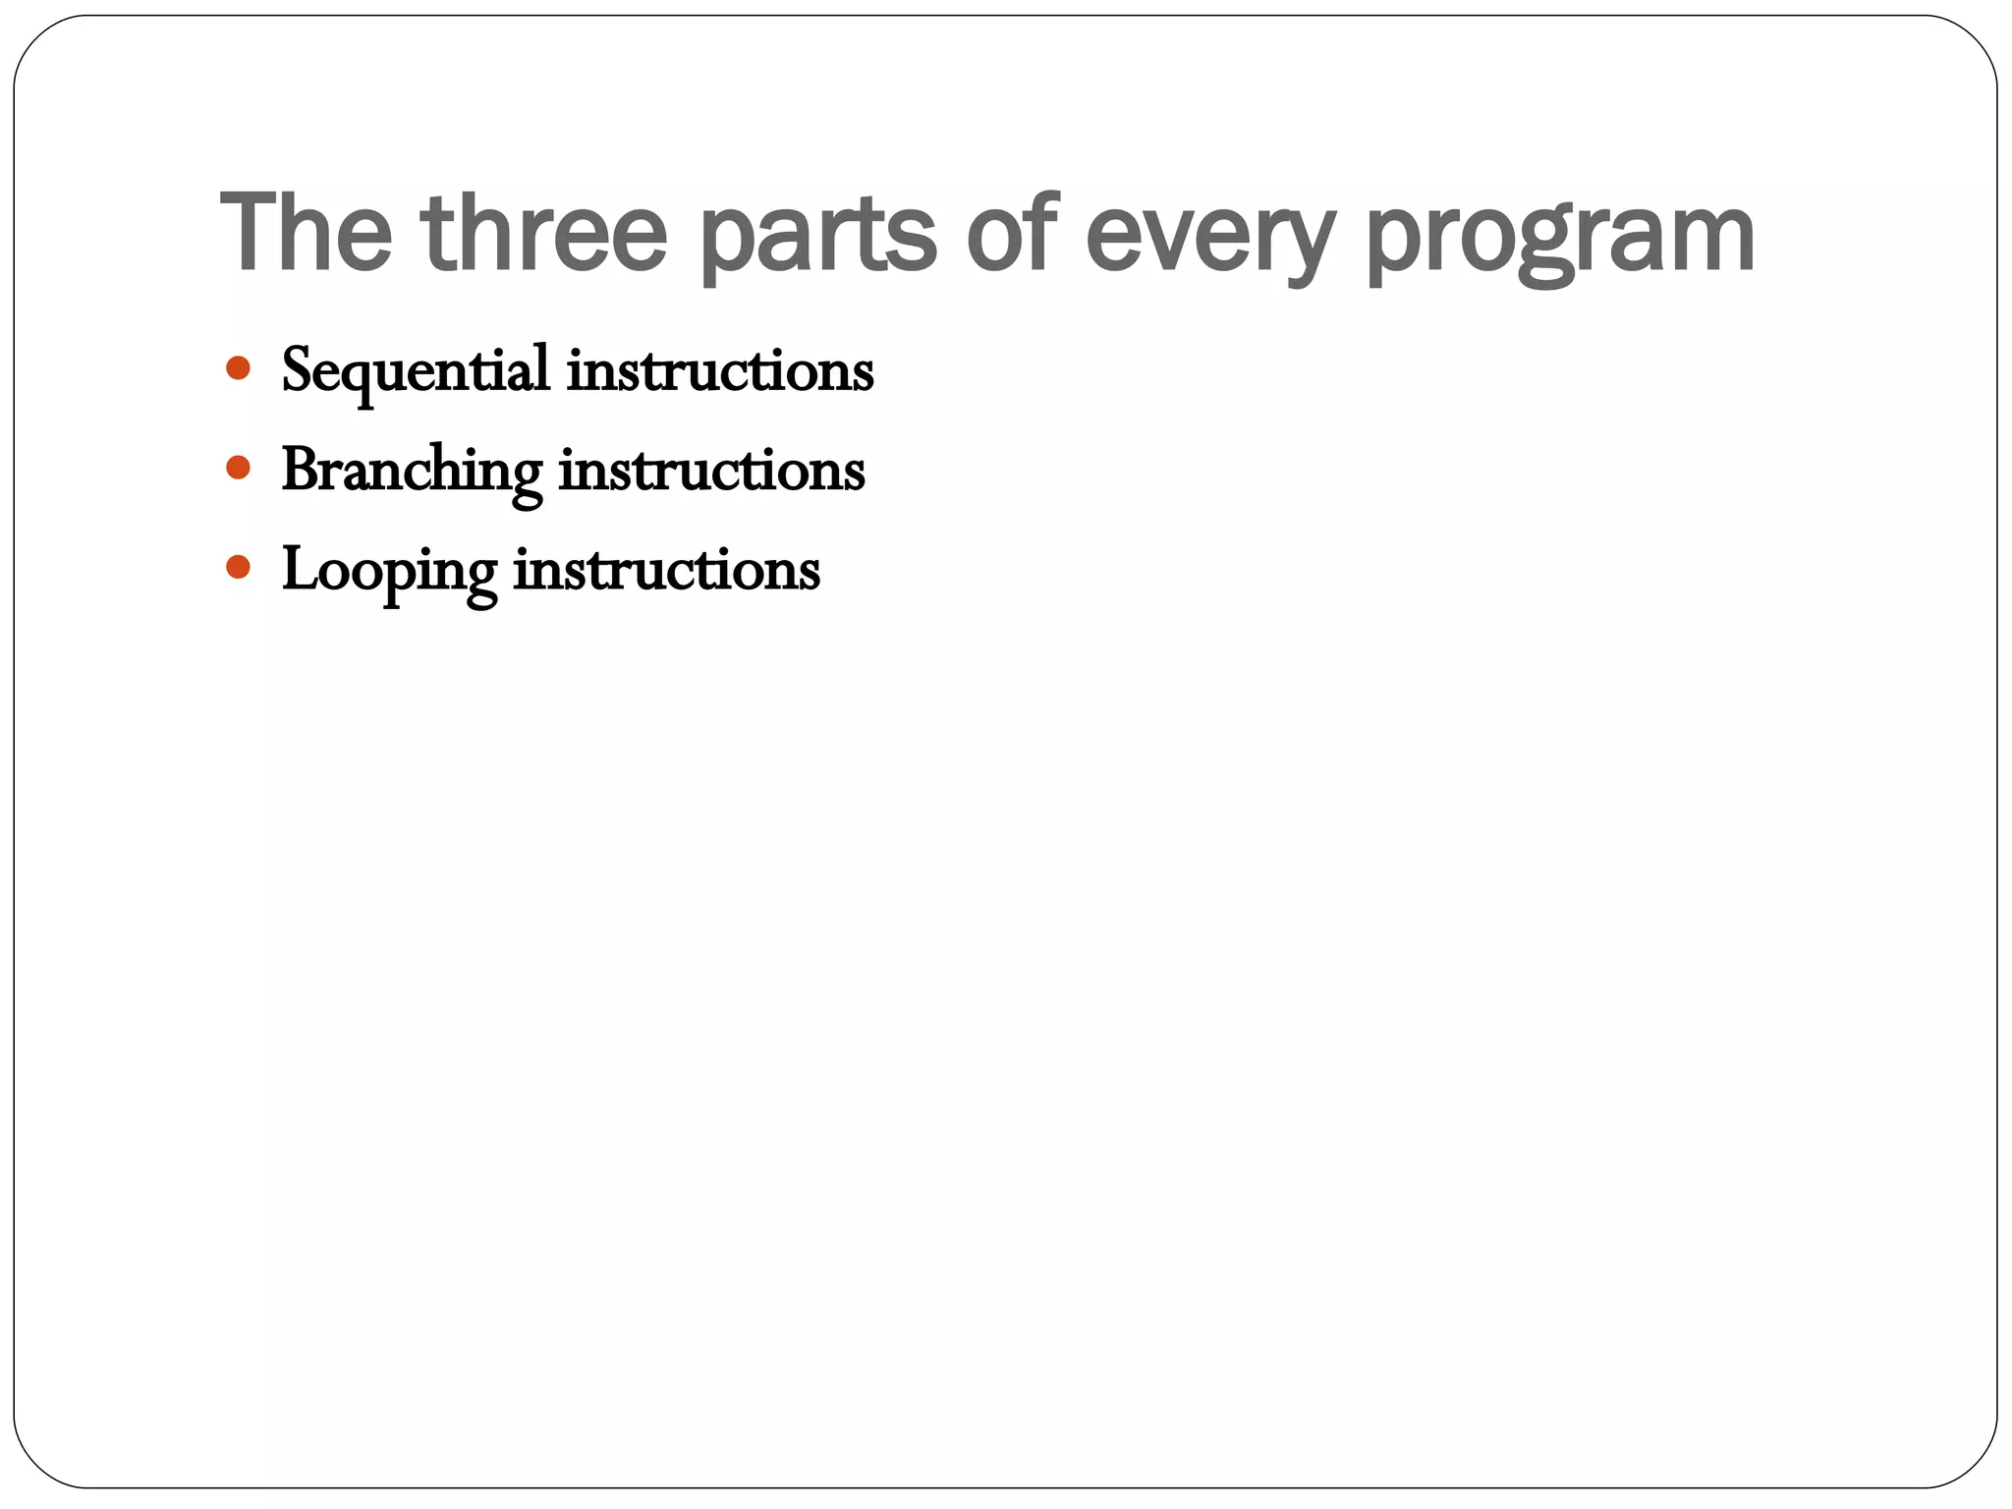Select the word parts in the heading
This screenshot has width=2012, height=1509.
pyautogui.click(x=817, y=236)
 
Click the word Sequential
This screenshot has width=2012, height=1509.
pyautogui.click(x=415, y=371)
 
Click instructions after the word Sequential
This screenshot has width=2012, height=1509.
pyautogui.click(x=720, y=371)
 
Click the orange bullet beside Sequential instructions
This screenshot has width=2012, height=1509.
pyautogui.click(x=238, y=368)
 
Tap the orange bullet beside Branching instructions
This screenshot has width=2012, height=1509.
pyautogui.click(x=238, y=467)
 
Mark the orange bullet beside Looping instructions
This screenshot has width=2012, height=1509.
pyautogui.click(x=238, y=567)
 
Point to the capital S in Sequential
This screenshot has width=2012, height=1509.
pyautogui.click(x=297, y=369)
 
